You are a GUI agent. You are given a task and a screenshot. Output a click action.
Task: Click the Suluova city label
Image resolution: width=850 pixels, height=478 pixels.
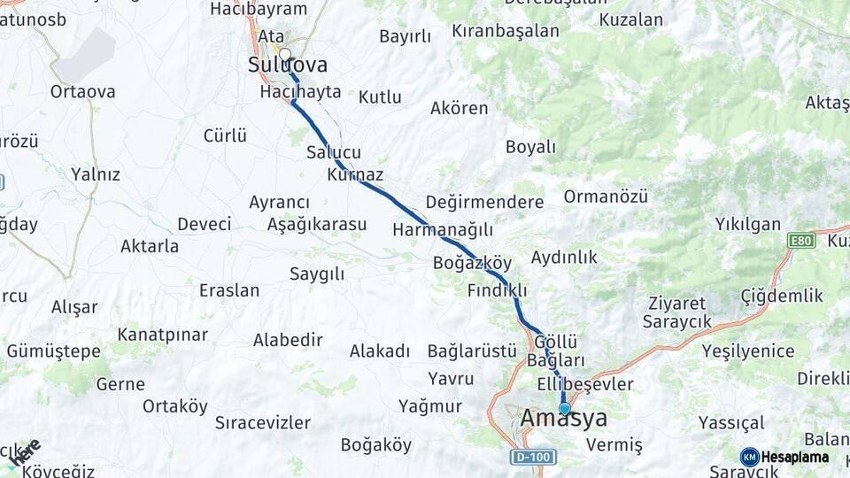288,66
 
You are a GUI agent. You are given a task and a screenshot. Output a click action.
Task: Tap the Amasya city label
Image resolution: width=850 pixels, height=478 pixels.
564,418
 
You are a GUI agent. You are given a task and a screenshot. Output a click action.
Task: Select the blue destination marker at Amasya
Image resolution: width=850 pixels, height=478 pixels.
565,408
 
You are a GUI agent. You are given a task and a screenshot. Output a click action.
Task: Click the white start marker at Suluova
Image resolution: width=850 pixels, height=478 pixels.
284,53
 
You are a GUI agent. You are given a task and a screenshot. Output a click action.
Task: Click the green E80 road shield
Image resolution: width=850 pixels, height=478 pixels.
800,240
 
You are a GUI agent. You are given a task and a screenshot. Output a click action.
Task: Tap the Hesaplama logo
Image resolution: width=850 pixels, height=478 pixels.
784,457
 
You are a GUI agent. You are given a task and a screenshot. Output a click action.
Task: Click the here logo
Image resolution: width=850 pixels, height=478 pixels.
24,451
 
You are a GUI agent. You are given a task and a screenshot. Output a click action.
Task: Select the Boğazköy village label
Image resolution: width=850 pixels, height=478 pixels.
473,263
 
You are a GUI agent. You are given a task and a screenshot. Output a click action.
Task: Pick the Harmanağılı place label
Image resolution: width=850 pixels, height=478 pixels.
443,230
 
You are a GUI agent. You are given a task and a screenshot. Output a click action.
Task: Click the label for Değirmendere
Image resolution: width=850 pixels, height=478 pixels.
484,202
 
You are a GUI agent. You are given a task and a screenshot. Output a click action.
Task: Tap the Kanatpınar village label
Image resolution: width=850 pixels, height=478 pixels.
162,335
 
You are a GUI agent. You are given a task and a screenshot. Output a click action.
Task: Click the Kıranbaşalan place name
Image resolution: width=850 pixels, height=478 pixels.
506,31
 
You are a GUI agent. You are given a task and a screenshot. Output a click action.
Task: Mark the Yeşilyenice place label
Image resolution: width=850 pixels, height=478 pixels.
748,351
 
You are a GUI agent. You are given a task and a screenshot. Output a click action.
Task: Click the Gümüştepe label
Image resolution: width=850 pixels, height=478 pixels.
53,351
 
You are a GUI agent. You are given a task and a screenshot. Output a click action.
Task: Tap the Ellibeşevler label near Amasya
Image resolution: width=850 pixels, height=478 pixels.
585,384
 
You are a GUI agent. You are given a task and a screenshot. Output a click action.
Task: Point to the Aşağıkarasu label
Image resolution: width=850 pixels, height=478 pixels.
317,224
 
